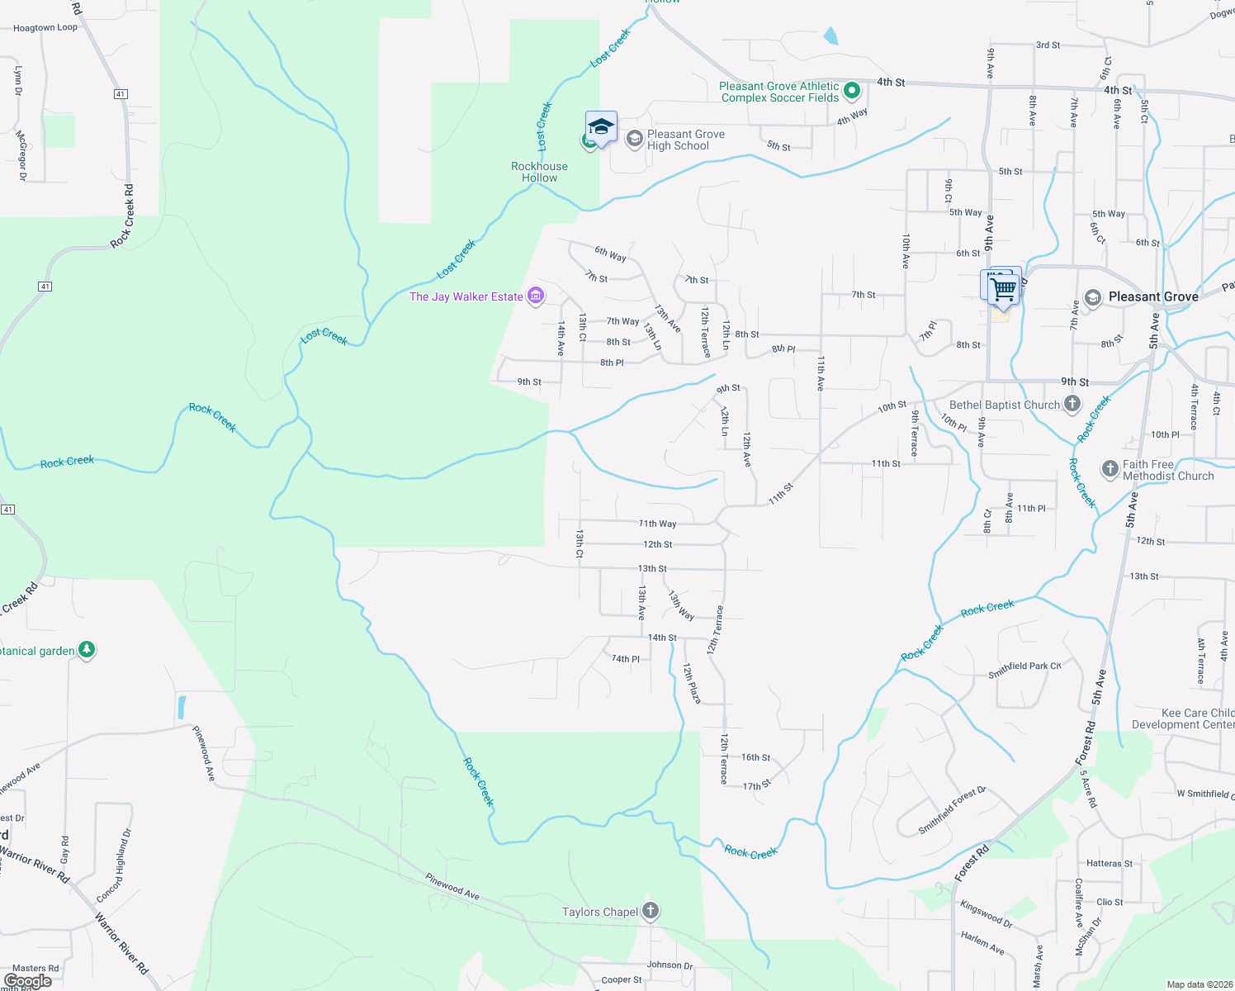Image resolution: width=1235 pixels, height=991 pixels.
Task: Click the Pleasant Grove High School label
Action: coord(685,140)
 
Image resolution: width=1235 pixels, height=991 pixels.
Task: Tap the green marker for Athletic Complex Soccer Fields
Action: coord(853,91)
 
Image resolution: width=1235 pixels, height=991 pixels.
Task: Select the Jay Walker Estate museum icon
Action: coord(536,296)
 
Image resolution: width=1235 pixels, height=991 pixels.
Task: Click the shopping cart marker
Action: coord(1003,289)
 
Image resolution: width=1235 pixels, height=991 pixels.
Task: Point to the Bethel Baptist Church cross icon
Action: coord(1072,404)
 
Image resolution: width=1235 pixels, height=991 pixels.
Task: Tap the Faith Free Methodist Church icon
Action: coord(1110,469)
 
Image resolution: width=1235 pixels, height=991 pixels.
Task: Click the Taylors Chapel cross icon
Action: coord(651,911)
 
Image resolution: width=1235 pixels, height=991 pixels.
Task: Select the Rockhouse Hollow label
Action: coord(539,172)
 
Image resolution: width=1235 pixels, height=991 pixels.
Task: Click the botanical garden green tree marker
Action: coord(87,650)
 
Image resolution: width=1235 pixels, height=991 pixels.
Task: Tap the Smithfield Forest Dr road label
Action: coord(953,810)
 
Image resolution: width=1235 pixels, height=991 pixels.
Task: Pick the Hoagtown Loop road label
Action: coord(45,27)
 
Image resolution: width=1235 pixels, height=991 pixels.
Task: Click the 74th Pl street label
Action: coord(625,659)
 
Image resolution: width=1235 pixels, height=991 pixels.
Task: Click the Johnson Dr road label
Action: coord(670,965)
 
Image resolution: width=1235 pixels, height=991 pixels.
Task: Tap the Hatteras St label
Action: coord(1110,863)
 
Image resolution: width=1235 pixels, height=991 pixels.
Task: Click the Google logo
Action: coord(27,981)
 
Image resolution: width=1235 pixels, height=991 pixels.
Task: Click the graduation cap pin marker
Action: coord(601,127)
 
